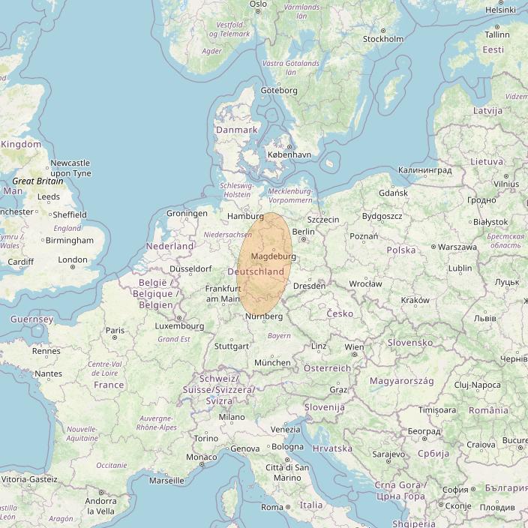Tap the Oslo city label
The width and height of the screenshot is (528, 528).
pyautogui.click(x=258, y=4)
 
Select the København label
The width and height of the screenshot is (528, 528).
pyautogui.click(x=289, y=154)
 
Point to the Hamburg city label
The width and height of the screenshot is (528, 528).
pyautogui.click(x=245, y=216)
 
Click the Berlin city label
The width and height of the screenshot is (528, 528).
pyautogui.click(x=302, y=232)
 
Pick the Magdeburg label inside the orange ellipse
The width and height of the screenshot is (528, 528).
pyautogui.click(x=273, y=256)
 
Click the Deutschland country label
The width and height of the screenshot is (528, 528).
pyautogui.click(x=256, y=271)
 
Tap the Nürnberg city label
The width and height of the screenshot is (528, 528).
pyautogui.click(x=263, y=316)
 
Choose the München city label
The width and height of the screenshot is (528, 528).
pyautogui.click(x=272, y=362)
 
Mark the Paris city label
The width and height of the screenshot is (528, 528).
pyautogui.click(x=115, y=330)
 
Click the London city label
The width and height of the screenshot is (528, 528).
pyautogui.click(x=73, y=260)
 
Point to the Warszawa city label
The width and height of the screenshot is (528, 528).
pyautogui.click(x=457, y=247)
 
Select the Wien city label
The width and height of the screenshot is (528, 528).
pyautogui.click(x=354, y=347)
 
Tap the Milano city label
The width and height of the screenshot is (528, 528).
pyautogui.click(x=232, y=417)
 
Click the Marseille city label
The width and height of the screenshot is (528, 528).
pyautogui.click(x=166, y=480)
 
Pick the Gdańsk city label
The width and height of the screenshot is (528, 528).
pyautogui.click(x=393, y=193)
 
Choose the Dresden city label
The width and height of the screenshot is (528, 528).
pyautogui.click(x=310, y=286)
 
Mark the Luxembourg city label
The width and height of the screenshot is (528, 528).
pyautogui.click(x=179, y=326)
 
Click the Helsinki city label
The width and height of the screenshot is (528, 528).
pyautogui.click(x=501, y=10)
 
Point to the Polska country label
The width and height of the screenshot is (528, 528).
pyautogui.click(x=400, y=250)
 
